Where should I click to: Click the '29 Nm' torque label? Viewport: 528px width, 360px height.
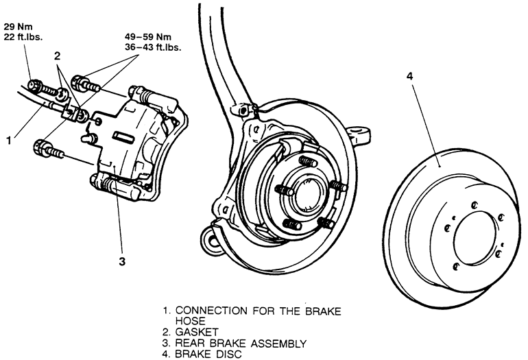[19, 27]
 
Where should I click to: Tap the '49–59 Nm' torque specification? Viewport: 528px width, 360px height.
[148, 37]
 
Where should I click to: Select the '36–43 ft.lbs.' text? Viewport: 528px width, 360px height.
[153, 47]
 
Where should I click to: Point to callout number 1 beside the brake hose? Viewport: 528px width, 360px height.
[9, 140]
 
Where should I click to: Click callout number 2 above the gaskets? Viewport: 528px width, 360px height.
[57, 56]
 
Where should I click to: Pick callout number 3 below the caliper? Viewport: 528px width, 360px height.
[122, 261]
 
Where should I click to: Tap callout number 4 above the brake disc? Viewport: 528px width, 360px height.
[409, 76]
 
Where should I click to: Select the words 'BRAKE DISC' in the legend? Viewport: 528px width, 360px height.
[208, 354]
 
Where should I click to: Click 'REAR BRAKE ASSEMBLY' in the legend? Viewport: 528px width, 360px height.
[241, 343]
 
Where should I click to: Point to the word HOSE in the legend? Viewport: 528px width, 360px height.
[190, 321]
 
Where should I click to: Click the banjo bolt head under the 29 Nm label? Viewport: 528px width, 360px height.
[35, 84]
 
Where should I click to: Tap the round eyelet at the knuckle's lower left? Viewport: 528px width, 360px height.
[211, 239]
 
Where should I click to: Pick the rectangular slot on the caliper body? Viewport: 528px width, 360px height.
[123, 136]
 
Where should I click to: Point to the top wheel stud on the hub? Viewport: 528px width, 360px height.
[308, 161]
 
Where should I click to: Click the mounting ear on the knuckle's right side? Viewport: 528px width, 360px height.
[359, 132]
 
